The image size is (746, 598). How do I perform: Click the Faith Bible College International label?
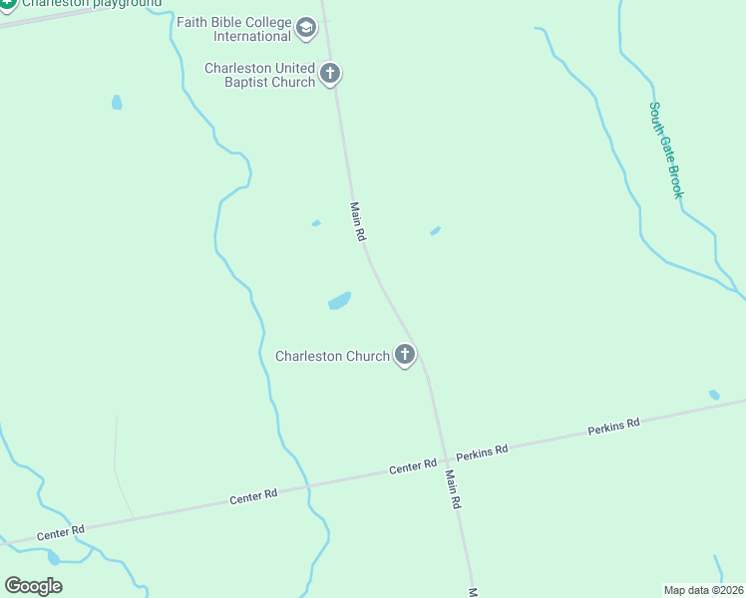pyautogui.click(x=233, y=29)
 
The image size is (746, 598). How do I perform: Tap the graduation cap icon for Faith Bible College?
pyautogui.click(x=306, y=30)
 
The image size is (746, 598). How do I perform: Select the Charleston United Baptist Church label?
pyautogui.click(x=259, y=75)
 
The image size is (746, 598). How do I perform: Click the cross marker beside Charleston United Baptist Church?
pyautogui.click(x=331, y=73)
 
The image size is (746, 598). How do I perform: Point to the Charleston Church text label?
pyautogui.click(x=332, y=356)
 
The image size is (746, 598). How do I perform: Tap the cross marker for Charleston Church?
pyautogui.click(x=405, y=354)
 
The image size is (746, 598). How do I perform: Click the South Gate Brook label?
pyautogui.click(x=666, y=149)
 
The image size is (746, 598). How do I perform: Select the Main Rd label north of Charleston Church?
pyautogui.click(x=359, y=222)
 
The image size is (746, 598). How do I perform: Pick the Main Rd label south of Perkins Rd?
pyautogui.click(x=453, y=490)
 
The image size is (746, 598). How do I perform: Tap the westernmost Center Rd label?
pyautogui.click(x=61, y=533)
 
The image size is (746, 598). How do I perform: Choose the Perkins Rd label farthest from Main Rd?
pyautogui.click(x=613, y=427)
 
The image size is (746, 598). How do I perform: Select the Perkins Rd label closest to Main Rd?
pyautogui.click(x=483, y=451)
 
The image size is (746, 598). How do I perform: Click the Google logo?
pyautogui.click(x=33, y=586)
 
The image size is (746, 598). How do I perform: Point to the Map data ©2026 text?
pyautogui.click(x=704, y=590)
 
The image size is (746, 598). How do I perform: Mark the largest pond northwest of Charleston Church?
pyautogui.click(x=339, y=301)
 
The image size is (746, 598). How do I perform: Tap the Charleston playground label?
pyautogui.click(x=91, y=4)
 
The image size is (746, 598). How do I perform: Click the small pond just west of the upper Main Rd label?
pyautogui.click(x=316, y=223)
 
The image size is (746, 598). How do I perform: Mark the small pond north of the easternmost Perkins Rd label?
pyautogui.click(x=714, y=395)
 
